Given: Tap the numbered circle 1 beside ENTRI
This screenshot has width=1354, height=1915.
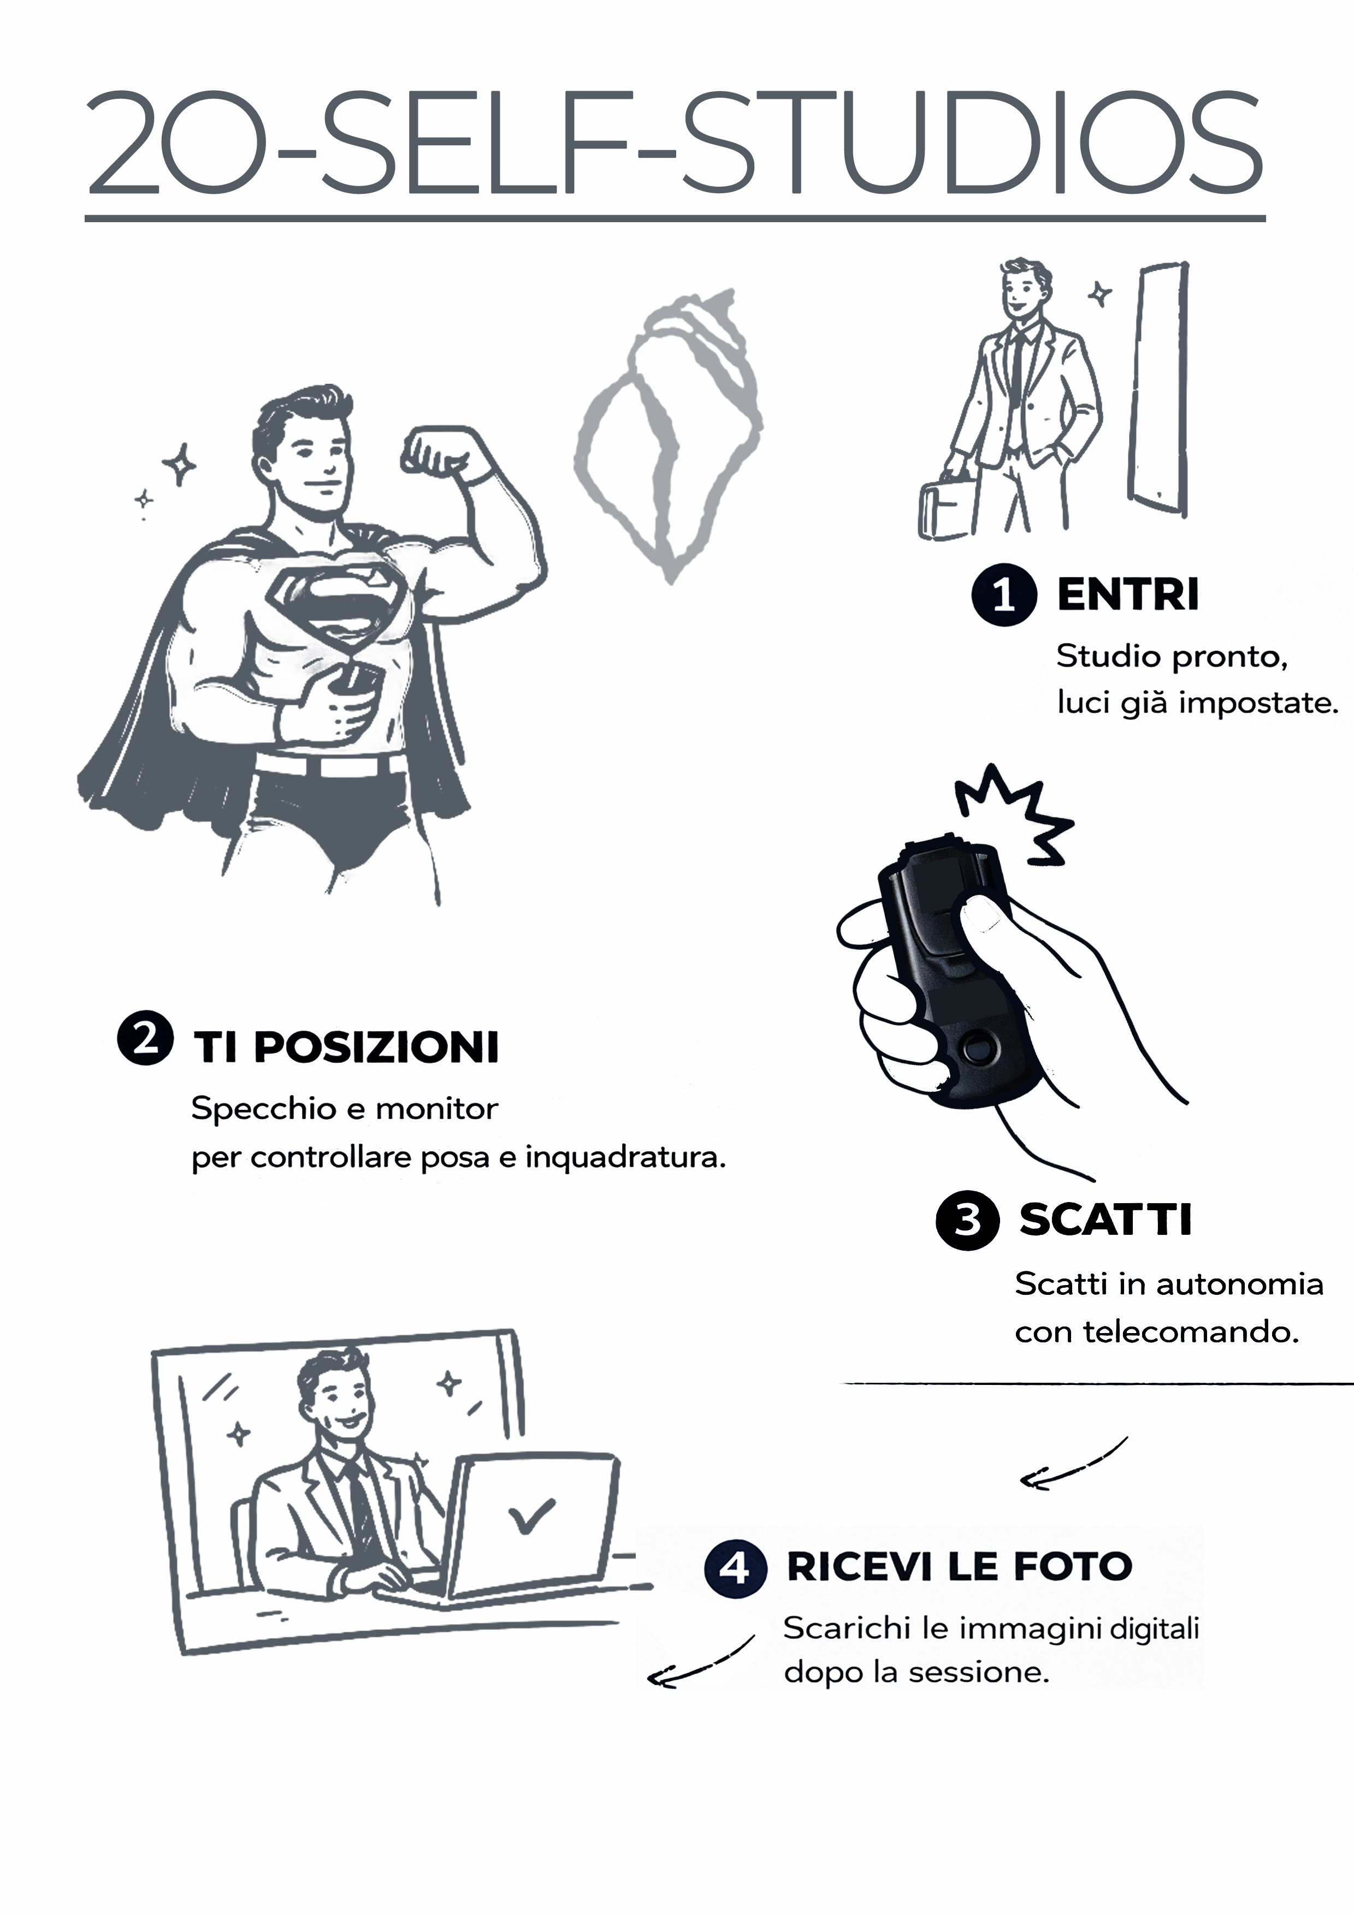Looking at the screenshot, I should tap(1003, 594).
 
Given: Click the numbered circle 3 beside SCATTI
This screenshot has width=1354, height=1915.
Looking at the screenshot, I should tap(967, 1220).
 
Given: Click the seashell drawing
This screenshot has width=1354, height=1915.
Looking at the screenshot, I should tap(667, 438).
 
